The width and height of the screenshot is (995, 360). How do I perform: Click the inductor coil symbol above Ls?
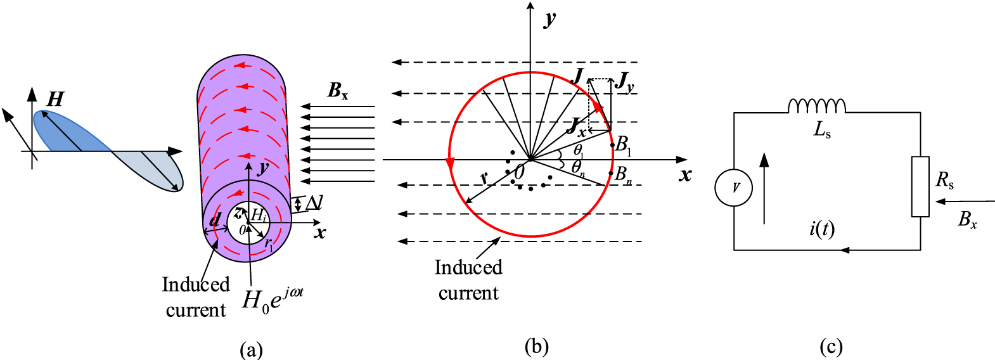[x=816, y=106]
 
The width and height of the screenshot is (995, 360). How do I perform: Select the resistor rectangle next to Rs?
[x=920, y=186]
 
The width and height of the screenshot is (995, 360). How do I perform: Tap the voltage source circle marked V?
[x=734, y=188]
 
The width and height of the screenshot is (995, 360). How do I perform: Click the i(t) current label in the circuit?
[x=821, y=228]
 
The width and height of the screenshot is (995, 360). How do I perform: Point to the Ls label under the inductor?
[x=822, y=131]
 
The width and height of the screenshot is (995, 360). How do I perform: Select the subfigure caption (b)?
[x=536, y=346]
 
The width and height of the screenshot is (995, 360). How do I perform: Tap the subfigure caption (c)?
[x=831, y=346]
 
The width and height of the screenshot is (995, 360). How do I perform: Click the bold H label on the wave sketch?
[x=56, y=99]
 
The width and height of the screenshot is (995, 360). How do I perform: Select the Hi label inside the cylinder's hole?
[x=258, y=215]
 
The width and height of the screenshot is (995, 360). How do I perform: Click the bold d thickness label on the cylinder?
[x=215, y=220]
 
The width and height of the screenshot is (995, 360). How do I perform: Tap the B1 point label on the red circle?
[x=624, y=145]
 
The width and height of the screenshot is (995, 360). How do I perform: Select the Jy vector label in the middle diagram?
[x=625, y=82]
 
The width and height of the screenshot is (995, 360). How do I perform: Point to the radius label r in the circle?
[x=485, y=178]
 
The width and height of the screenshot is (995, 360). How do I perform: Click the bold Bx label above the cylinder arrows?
[x=338, y=91]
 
